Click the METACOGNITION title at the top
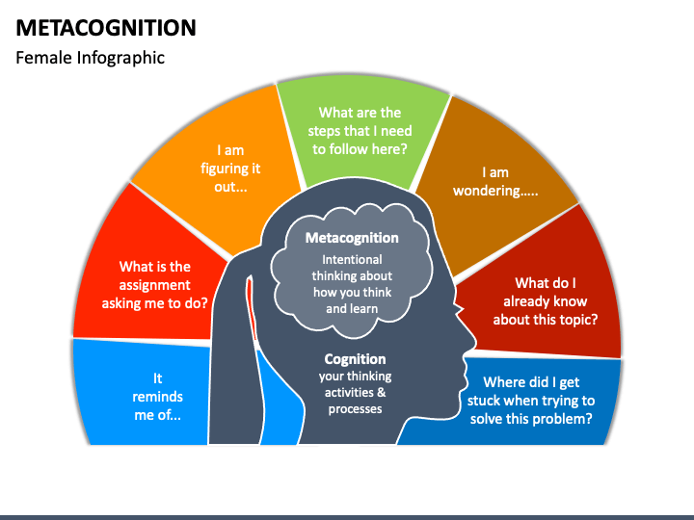click(106, 27)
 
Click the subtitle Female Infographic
click(91, 58)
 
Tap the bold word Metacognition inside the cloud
click(352, 238)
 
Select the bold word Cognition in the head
click(355, 359)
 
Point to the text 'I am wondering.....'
click(495, 181)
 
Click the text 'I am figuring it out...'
click(230, 169)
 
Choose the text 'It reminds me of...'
click(157, 397)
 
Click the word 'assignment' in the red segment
click(154, 285)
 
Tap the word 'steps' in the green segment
click(326, 132)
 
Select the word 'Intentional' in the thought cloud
click(352, 260)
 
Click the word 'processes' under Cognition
click(355, 409)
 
